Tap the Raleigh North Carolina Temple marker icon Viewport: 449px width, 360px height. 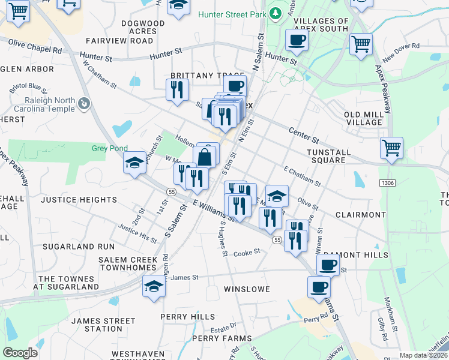point(85,104)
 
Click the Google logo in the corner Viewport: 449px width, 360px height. point(20,352)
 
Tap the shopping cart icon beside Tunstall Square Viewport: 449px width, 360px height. point(391,147)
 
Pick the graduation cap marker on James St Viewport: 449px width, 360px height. point(154,286)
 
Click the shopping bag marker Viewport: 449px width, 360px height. point(205,157)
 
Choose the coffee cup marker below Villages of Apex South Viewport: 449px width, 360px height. point(297,40)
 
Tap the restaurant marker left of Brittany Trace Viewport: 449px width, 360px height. point(176,90)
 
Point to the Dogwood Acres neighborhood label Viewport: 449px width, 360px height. point(142,27)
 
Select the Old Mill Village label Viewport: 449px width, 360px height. point(364,118)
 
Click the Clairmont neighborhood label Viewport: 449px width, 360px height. point(360,214)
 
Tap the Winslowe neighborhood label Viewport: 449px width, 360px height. point(245,289)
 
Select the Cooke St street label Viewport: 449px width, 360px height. point(247,253)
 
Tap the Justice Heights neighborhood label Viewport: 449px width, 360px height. point(79,199)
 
